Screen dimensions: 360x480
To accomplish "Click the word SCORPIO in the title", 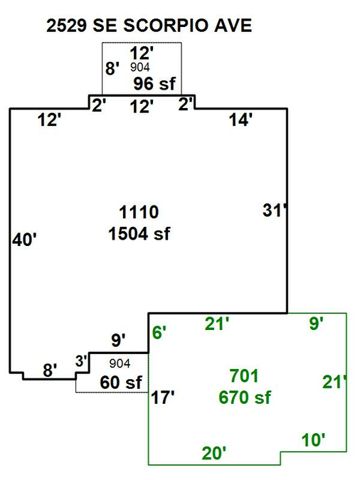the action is (166, 26).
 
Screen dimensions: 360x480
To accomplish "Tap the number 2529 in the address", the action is (66, 26).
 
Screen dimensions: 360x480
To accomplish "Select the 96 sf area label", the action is (154, 84).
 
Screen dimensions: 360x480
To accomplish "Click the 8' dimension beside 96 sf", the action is (112, 68).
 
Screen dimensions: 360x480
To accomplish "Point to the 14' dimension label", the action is (240, 119).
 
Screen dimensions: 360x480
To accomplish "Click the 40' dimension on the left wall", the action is (24, 240).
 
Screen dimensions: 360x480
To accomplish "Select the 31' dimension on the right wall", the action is (275, 210).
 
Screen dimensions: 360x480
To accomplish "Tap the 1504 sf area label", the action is (139, 234).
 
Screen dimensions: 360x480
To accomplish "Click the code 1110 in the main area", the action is (139, 212).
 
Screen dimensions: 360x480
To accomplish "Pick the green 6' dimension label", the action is (159, 333).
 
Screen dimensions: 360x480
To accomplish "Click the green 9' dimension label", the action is (316, 324).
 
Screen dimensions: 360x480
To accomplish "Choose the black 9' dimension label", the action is (118, 340).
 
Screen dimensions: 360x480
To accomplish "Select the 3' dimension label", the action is (82, 361).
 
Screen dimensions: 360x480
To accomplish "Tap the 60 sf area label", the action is (121, 383).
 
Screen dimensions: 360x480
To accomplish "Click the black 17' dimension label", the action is (163, 398).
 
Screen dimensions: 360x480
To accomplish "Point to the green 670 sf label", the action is (245, 398).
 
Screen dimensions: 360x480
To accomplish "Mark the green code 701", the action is (244, 376).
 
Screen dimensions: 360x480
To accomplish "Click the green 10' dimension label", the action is (313, 440).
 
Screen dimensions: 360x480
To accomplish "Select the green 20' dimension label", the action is (214, 454).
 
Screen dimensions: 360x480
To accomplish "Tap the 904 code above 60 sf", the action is (120, 363).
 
